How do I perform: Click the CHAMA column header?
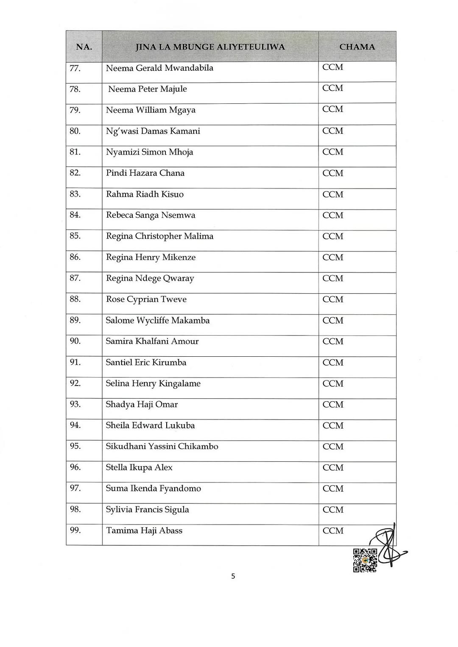357,47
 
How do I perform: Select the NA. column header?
84,47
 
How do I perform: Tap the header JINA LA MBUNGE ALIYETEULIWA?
210,47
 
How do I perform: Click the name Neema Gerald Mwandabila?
159,68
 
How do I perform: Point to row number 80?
75,131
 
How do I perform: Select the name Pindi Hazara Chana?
145,173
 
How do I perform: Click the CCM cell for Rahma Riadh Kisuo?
333,194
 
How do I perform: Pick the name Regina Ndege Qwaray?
150,278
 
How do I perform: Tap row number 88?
75,300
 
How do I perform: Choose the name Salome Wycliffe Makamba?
158,321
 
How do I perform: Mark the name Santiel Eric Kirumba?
146,363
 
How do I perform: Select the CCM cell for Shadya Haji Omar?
333,405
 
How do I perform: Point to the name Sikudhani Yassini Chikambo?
162,447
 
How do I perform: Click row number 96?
75,467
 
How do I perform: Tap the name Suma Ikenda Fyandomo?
153,489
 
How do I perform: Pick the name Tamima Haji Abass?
144,530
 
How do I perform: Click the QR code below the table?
365,560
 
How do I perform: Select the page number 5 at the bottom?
233,576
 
